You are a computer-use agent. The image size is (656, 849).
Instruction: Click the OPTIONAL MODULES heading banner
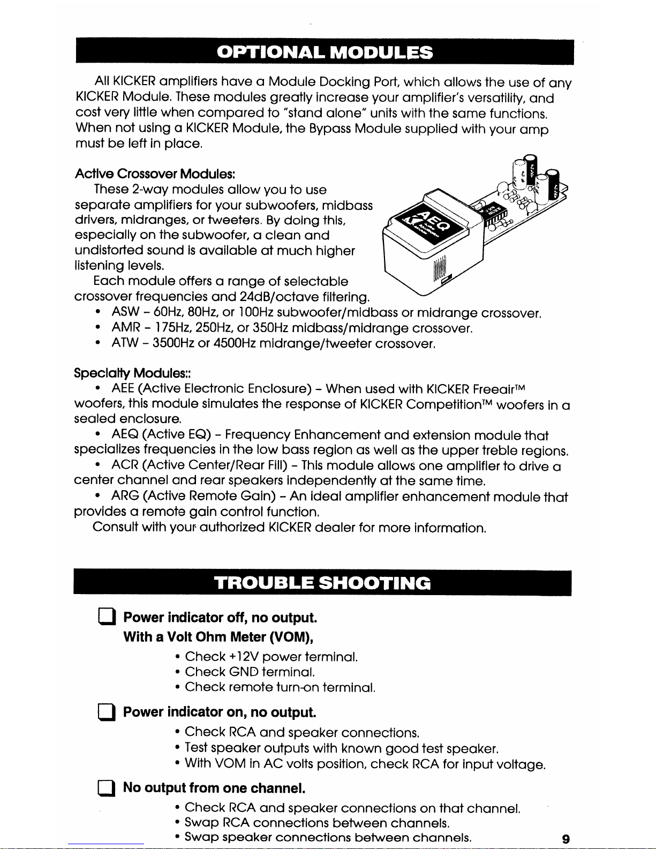pyautogui.click(x=325, y=52)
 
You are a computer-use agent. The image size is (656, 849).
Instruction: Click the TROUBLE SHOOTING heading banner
pyautogui.click(x=322, y=583)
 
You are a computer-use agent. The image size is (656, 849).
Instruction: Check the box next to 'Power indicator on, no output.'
pyautogui.click(x=105, y=713)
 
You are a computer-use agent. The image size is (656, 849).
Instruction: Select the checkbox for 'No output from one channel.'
pyautogui.click(x=105, y=788)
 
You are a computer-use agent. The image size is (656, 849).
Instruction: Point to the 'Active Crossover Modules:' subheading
pyautogui.click(x=155, y=174)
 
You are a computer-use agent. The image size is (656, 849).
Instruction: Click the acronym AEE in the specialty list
pyautogui.click(x=123, y=388)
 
